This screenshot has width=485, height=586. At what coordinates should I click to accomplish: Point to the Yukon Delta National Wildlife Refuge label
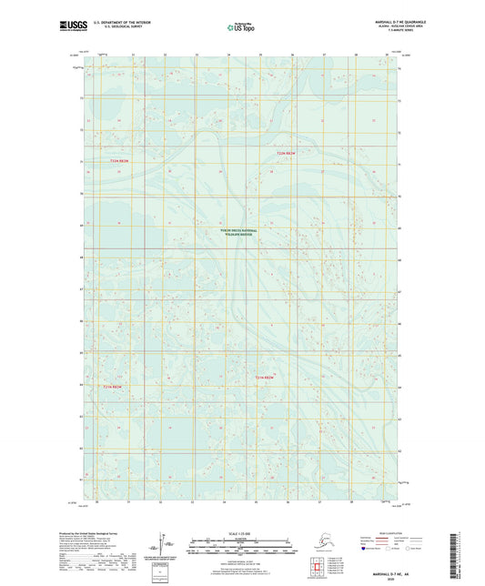coord(238,232)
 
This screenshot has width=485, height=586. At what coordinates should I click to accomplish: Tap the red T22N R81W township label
coord(287,153)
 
